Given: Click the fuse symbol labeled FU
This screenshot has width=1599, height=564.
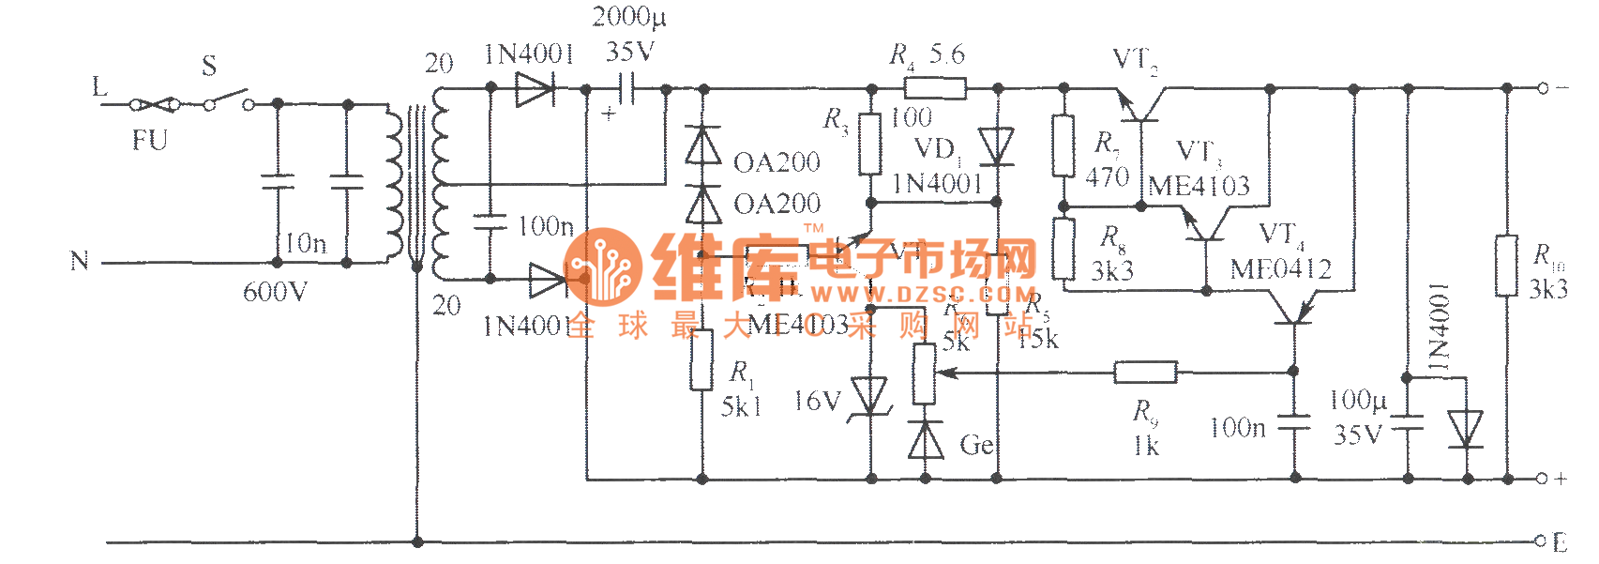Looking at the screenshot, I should click(156, 104).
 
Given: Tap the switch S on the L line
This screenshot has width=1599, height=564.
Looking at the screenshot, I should click(229, 99).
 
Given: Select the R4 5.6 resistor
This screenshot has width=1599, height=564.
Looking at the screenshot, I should click(935, 88).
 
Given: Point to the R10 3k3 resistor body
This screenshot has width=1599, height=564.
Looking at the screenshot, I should click(1506, 266).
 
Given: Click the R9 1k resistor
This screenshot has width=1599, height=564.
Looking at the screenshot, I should click(1145, 373).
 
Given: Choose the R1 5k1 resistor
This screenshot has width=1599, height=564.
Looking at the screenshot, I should click(701, 359).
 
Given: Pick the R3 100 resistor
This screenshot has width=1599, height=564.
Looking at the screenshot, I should click(871, 144).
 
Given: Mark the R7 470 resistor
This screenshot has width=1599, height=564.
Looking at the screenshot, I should click(1063, 145).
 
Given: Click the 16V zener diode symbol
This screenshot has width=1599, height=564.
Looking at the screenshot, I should click(870, 396).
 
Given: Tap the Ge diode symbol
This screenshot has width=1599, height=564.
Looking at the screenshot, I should click(926, 439).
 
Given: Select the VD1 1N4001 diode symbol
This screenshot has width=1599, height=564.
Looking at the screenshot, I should click(996, 146).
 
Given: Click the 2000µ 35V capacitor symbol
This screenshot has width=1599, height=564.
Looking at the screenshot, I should click(626, 90).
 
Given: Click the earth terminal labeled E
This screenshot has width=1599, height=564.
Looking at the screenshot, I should click(1541, 541).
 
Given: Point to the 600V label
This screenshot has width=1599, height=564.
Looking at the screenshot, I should click(275, 293).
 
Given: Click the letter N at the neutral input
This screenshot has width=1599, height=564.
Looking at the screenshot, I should click(80, 261).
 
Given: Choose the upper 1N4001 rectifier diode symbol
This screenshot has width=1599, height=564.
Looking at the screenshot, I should click(536, 90).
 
